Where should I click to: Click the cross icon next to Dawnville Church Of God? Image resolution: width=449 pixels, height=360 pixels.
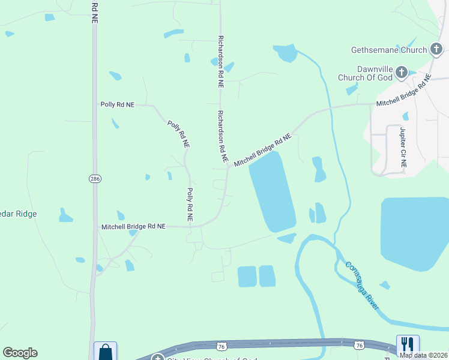[x=402, y=73]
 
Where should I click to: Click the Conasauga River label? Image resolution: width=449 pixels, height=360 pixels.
[x=362, y=285]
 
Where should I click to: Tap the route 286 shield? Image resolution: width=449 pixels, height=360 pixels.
[x=94, y=179]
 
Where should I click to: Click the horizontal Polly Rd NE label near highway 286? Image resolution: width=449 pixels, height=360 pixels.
[x=118, y=104]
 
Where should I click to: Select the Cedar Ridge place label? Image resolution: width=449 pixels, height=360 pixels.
[x=18, y=214]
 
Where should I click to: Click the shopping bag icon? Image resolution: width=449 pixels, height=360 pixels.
[x=106, y=352]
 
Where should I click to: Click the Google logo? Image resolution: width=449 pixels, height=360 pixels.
[x=20, y=353]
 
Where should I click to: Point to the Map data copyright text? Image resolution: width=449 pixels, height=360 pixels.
[x=423, y=355]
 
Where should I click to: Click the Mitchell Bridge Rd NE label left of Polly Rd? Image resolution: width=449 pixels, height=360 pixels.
[x=133, y=226]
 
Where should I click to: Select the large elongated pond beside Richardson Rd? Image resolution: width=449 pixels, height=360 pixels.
[x=272, y=191]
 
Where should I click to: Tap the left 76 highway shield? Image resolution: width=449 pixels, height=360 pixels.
[x=221, y=346]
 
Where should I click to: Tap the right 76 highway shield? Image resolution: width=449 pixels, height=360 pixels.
[x=359, y=344]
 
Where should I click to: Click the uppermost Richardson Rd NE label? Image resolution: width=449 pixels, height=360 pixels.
[x=220, y=62]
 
